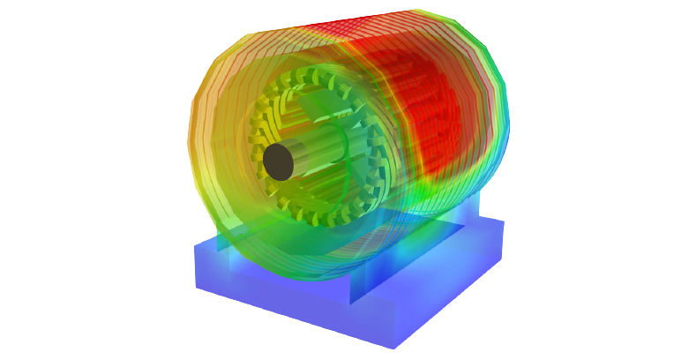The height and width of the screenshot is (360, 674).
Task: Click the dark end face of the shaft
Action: [x=278, y=161]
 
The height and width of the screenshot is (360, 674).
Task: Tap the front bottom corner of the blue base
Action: [x=393, y=348]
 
